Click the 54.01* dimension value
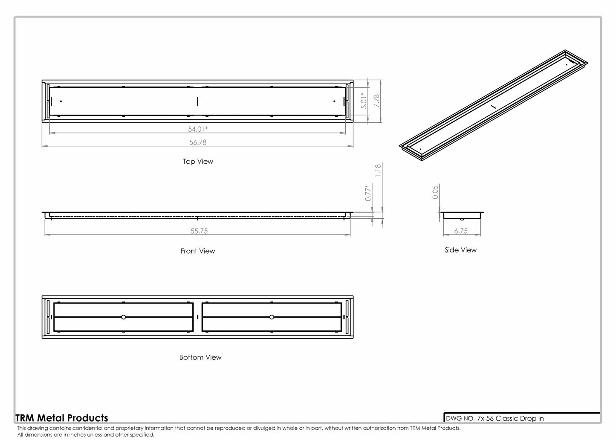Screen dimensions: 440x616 click(x=198, y=129)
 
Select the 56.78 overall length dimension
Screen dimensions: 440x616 click(x=198, y=142)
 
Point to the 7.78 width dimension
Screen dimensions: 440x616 click(x=376, y=101)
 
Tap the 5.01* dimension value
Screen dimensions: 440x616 click(x=364, y=101)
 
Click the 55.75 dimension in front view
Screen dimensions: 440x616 click(x=199, y=231)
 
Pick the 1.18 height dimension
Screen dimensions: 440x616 click(x=378, y=171)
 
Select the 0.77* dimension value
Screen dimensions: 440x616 click(x=368, y=193)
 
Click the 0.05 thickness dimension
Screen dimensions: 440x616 click(x=435, y=192)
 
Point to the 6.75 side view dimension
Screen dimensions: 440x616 click(x=461, y=231)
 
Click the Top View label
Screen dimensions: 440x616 click(x=198, y=162)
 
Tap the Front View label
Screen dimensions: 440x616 click(x=198, y=251)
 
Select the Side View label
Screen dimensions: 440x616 click(x=460, y=250)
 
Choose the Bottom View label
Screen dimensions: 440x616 click(x=200, y=357)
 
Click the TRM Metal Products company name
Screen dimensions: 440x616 click(x=62, y=418)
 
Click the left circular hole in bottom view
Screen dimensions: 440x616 click(x=123, y=317)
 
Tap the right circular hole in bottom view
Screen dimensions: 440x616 click(x=272, y=317)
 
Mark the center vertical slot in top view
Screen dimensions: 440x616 click(x=197, y=101)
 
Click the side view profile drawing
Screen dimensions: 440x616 click(x=462, y=215)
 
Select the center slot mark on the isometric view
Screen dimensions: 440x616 click(x=493, y=106)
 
